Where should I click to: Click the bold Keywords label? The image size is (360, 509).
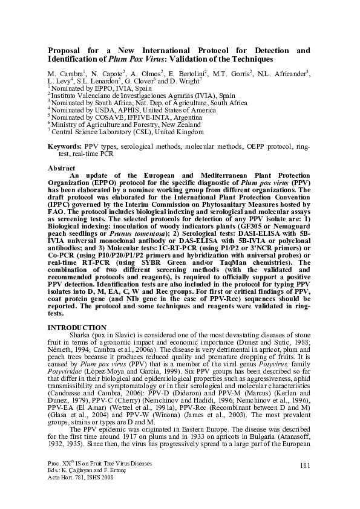point(65,147)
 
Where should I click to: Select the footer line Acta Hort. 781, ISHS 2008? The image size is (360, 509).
point(82,477)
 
